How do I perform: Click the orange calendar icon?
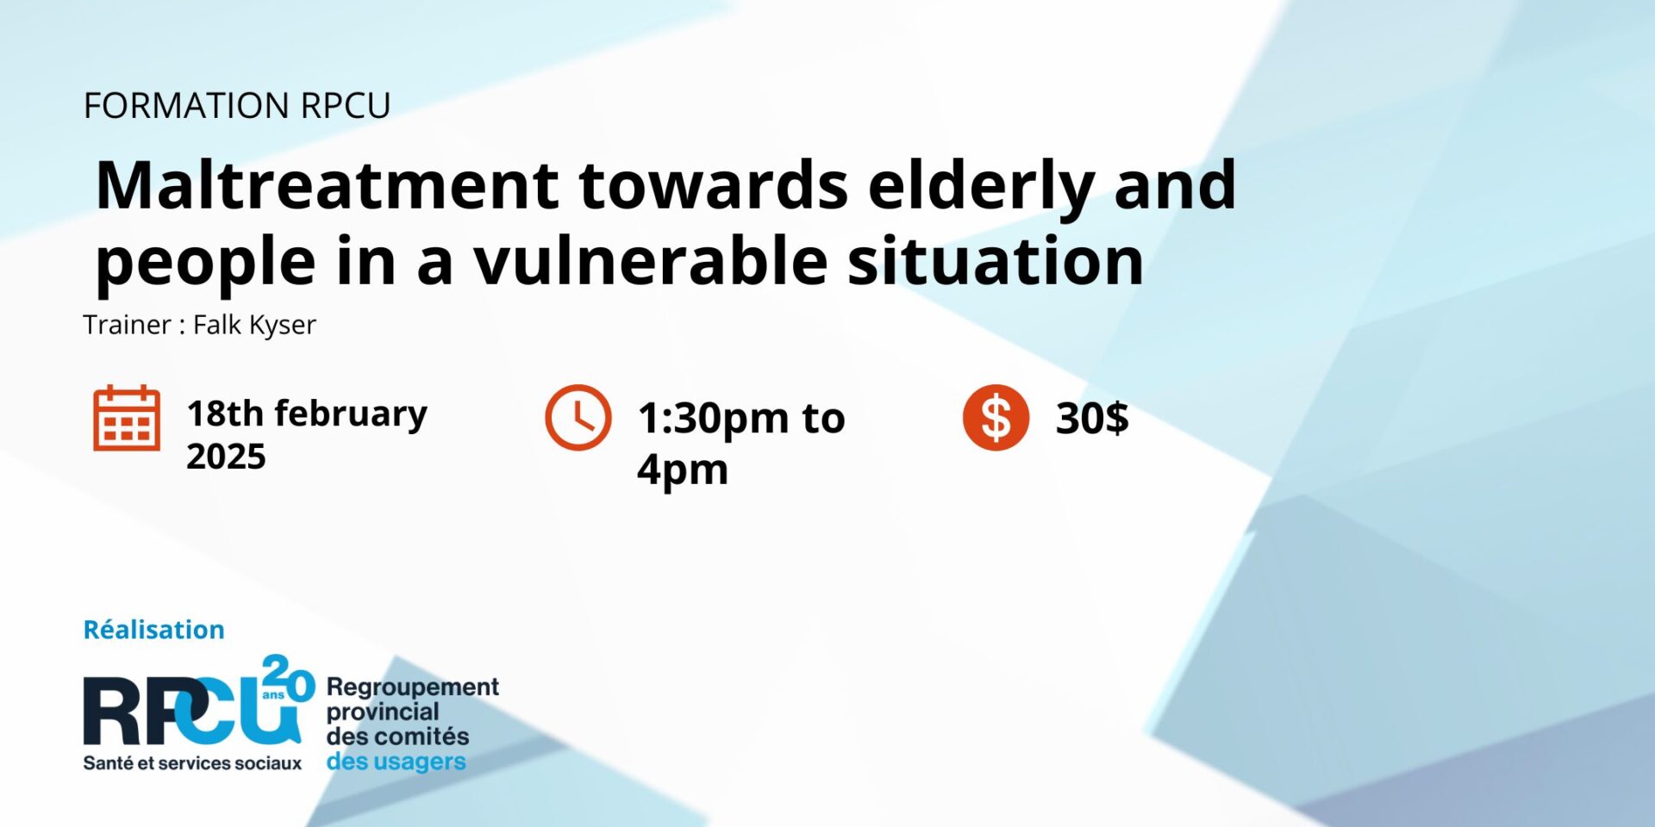pyautogui.click(x=127, y=418)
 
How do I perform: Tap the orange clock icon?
pyautogui.click(x=578, y=417)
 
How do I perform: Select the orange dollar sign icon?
pyautogui.click(x=996, y=417)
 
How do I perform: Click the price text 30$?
pyautogui.click(x=1092, y=418)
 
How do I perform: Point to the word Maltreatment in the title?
pyautogui.click(x=328, y=184)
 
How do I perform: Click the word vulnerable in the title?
pyautogui.click(x=651, y=261)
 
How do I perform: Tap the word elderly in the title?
pyautogui.click(x=981, y=186)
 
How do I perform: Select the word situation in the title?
pyautogui.click(x=996, y=261)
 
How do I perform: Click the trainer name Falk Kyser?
pyautogui.click(x=254, y=325)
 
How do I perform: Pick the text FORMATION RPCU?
pyautogui.click(x=237, y=105)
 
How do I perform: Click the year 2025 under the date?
pyautogui.click(x=226, y=457)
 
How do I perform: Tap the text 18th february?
pyautogui.click(x=307, y=413)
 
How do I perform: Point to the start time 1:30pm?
pyautogui.click(x=712, y=419)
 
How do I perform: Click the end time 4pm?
pyautogui.click(x=683, y=470)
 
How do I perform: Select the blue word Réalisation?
pyautogui.click(x=153, y=630)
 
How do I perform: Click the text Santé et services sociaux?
pyautogui.click(x=192, y=763)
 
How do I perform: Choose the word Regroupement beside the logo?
pyautogui.click(x=412, y=687)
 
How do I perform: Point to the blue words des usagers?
pyautogui.click(x=396, y=762)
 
